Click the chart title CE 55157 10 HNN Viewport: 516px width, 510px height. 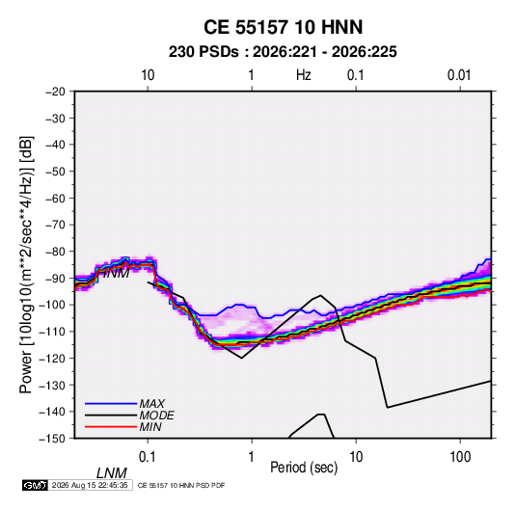pos(283,27)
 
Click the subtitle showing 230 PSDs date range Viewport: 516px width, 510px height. pos(283,52)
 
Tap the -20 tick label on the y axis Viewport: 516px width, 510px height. pos(55,92)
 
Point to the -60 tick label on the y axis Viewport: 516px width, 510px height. pos(55,198)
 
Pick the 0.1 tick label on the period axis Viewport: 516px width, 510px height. pos(148,457)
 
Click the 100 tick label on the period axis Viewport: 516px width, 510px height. pos(460,457)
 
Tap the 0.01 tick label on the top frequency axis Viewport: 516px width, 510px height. pos(459,75)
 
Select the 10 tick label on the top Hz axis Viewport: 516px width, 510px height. pos(148,75)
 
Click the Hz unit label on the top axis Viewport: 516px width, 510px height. pos(304,75)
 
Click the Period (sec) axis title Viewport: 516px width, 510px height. pos(304,468)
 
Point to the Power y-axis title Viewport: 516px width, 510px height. pos(26,264)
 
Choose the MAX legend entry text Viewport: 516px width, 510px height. pos(151,404)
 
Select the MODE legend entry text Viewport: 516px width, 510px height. pos(156,416)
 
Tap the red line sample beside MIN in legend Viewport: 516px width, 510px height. pos(111,427)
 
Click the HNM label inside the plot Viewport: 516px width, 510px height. pos(114,273)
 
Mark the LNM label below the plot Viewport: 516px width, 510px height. pos(111,473)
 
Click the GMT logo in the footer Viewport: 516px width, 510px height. pos(36,485)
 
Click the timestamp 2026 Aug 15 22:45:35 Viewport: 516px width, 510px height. pos(90,485)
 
